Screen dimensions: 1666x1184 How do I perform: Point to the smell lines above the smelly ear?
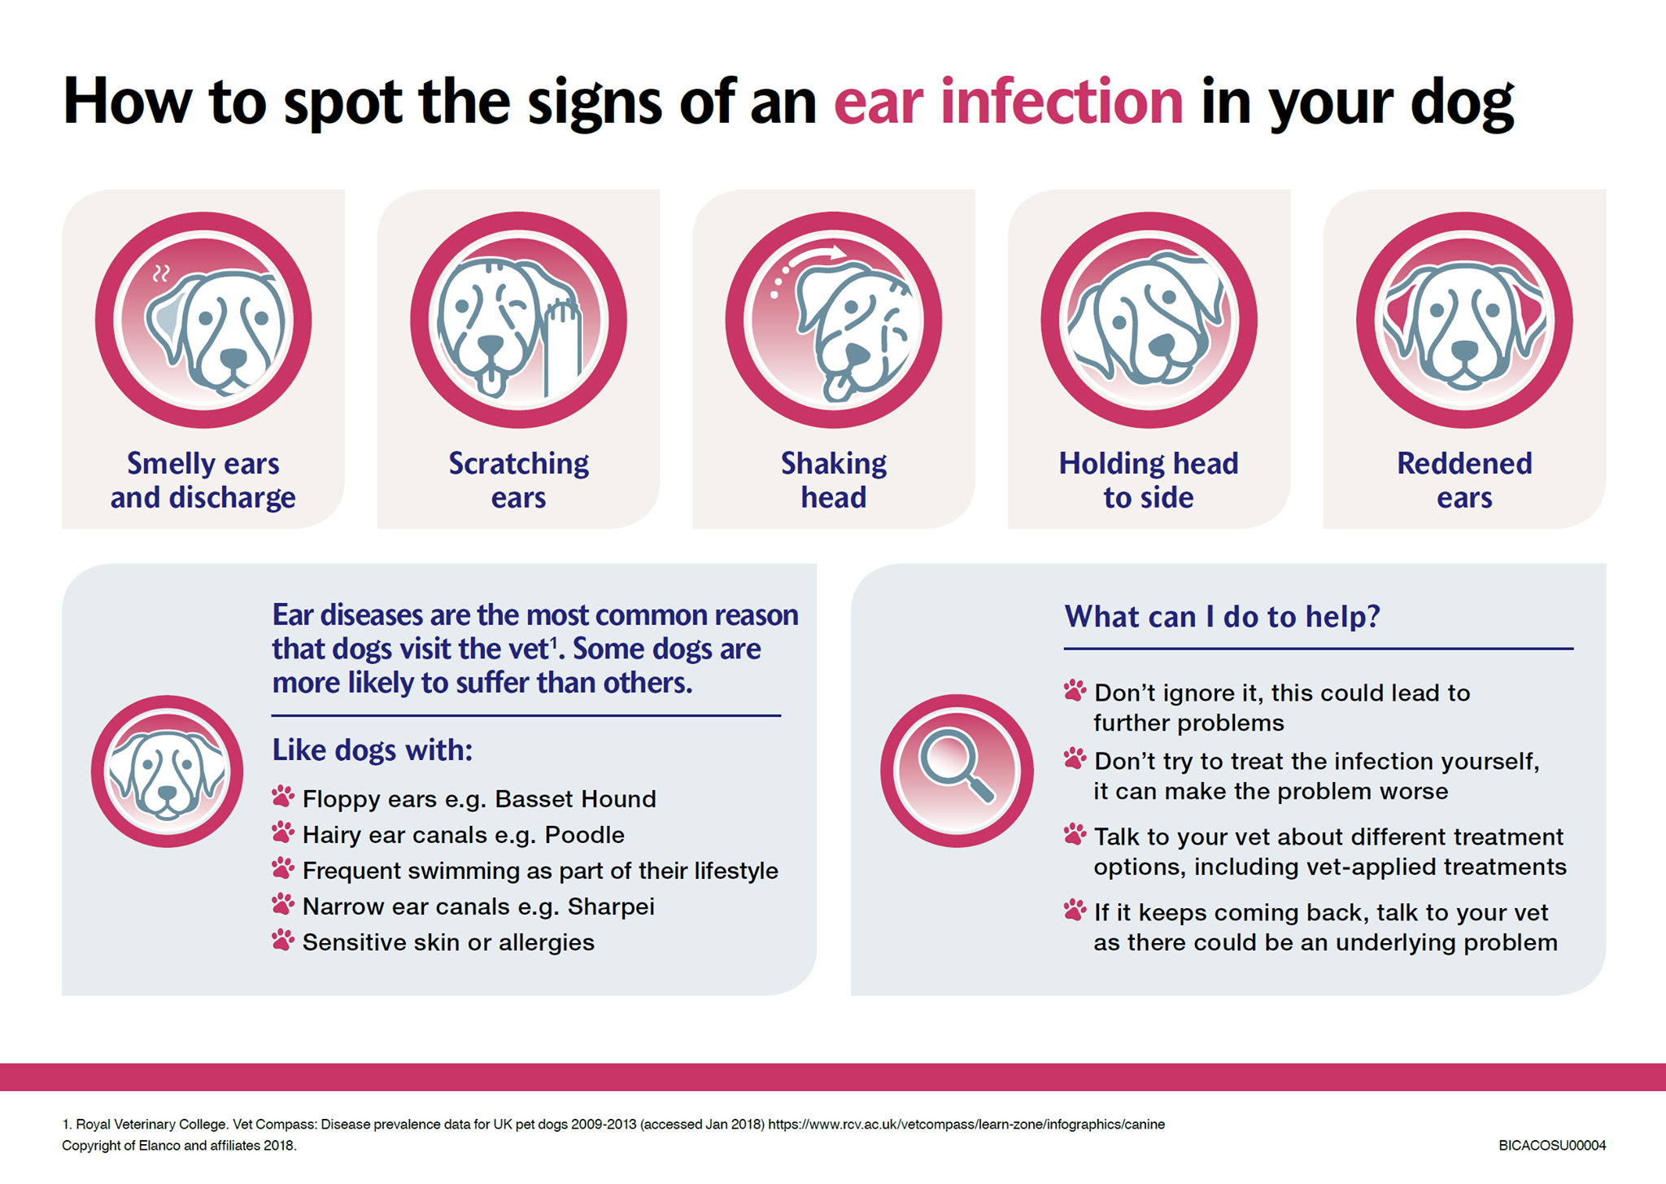point(162,273)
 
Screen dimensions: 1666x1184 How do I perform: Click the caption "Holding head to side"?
point(1149,480)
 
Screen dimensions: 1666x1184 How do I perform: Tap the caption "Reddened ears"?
point(1464,480)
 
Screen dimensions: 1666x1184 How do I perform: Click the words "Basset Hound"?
point(575,799)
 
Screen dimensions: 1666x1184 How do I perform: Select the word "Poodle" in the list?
point(585,835)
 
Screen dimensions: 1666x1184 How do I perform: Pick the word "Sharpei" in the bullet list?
point(611,907)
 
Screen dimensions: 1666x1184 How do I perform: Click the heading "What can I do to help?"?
point(1223,617)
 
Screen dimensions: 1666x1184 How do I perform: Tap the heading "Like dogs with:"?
point(373,749)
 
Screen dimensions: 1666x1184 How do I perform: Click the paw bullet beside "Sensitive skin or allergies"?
point(283,940)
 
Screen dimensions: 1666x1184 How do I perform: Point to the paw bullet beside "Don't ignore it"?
point(1075,691)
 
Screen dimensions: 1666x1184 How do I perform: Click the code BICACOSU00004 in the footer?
point(1552,1146)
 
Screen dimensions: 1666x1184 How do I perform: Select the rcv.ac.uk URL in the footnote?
point(966,1125)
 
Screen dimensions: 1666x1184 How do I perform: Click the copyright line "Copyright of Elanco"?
point(179,1146)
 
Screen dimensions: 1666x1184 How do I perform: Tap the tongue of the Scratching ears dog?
point(491,380)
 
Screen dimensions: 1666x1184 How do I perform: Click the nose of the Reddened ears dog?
point(1464,350)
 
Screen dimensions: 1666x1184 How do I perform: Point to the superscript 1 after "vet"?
point(554,643)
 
